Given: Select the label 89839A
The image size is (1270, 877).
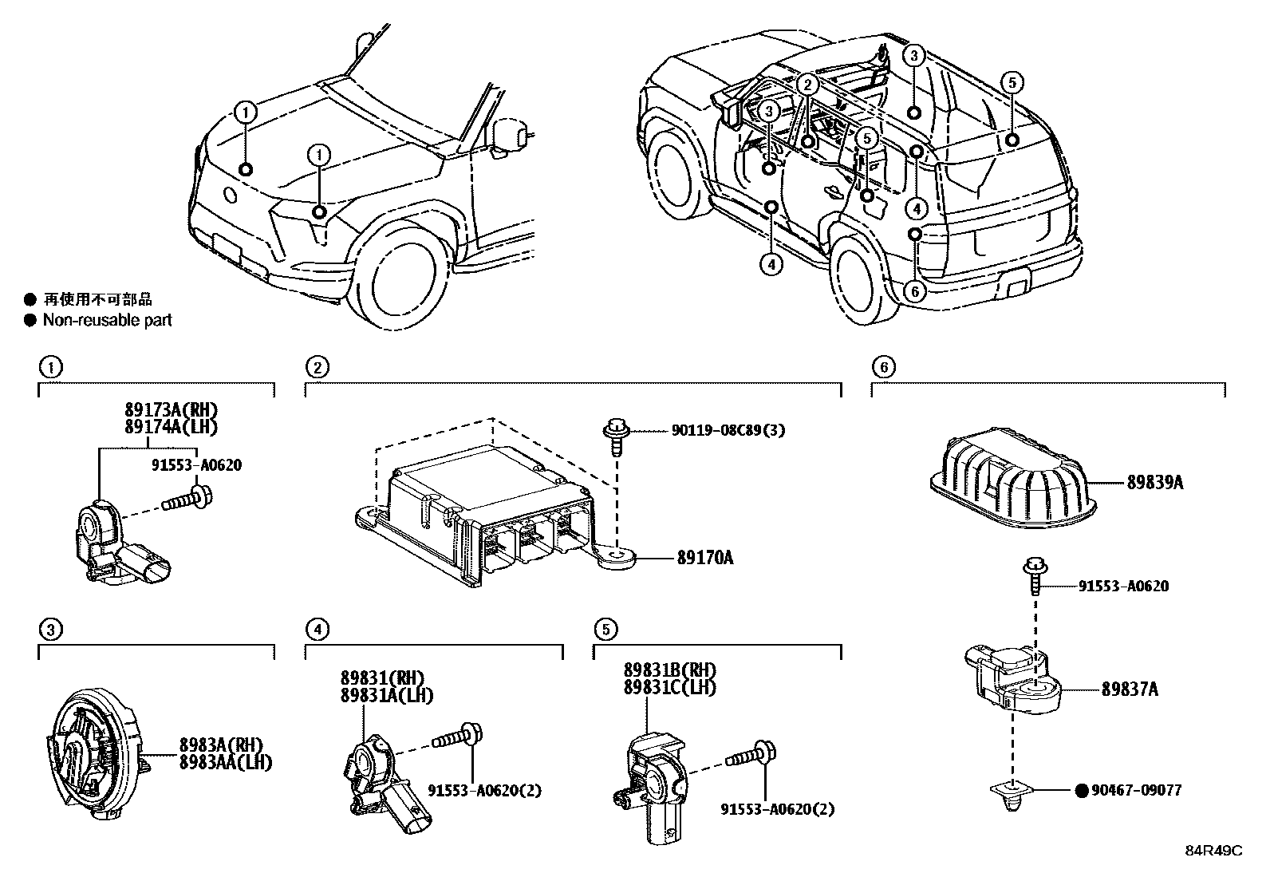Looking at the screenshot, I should pyautogui.click(x=1154, y=483).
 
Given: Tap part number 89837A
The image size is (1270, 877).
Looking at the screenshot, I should pyautogui.click(x=1129, y=689).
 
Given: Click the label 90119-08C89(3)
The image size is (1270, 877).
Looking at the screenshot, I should pyautogui.click(x=727, y=430).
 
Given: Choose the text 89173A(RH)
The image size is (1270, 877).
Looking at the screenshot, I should pyautogui.click(x=171, y=409).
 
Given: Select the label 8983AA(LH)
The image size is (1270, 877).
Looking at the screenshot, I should pyautogui.click(x=225, y=762).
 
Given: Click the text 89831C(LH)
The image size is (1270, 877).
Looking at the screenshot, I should pyautogui.click(x=669, y=686).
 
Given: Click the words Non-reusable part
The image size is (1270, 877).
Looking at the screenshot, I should pyautogui.click(x=107, y=320).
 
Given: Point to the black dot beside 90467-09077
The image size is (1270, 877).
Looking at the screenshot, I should pyautogui.click(x=1082, y=791).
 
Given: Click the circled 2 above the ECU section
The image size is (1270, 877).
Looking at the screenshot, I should pyautogui.click(x=317, y=367).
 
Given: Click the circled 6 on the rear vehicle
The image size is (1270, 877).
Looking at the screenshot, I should pyautogui.click(x=915, y=291).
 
